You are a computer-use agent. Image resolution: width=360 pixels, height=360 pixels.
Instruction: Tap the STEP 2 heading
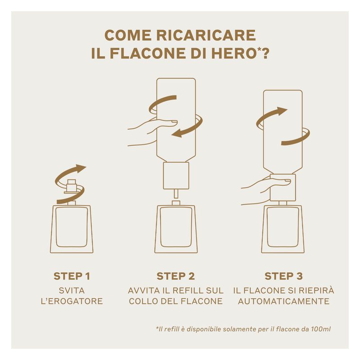click(x=175, y=276)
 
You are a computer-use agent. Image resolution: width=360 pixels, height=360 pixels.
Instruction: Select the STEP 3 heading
click(x=283, y=276)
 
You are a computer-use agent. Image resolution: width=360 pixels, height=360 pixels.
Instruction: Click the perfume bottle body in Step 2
click(x=175, y=229)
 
